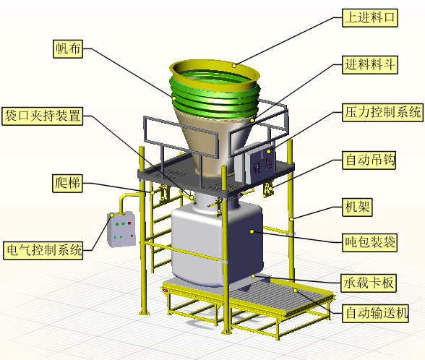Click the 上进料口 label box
tap(370, 18)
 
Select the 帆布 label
tap(68, 49)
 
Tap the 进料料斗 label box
tap(370, 65)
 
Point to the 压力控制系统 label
tap(382, 112)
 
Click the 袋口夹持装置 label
tap(42, 116)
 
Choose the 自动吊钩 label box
tap(369, 160)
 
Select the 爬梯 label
tap(67, 184)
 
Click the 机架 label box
tap(357, 207)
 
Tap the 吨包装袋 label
tap(370, 243)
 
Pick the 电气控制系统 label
tap(43, 250)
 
